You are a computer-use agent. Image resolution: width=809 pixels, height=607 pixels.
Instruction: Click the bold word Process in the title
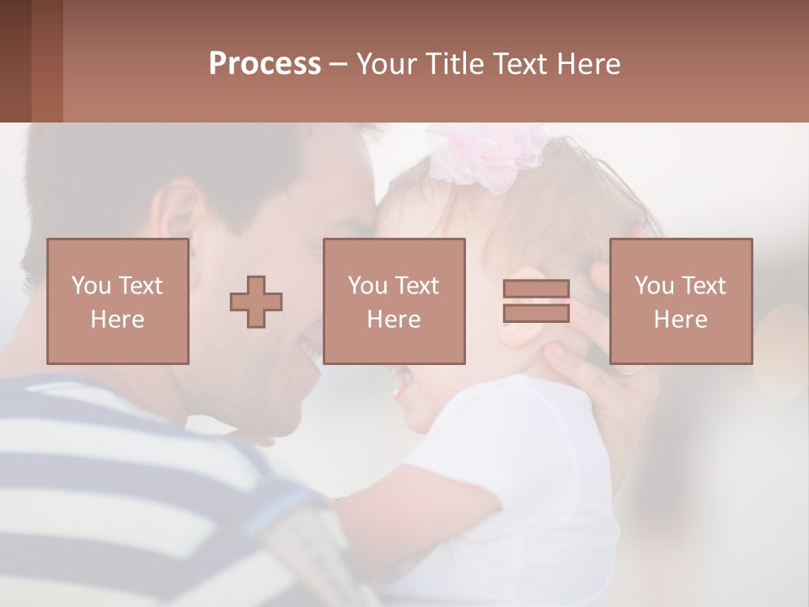click(x=265, y=64)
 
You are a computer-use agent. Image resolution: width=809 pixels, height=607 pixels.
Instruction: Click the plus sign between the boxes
click(x=256, y=302)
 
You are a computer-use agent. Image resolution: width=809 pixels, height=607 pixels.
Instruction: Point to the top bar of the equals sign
click(x=536, y=289)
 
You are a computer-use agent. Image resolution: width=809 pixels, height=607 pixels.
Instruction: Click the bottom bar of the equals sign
click(x=536, y=313)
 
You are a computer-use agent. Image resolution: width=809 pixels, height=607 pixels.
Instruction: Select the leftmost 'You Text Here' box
click(x=117, y=301)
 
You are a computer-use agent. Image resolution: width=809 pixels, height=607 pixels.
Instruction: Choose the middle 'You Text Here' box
click(x=394, y=301)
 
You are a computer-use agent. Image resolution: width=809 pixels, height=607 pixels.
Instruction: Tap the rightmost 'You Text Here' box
click(x=680, y=301)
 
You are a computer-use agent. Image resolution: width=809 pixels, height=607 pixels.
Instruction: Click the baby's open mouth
click(x=403, y=387)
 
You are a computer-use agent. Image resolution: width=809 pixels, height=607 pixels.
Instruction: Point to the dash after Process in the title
click(x=338, y=65)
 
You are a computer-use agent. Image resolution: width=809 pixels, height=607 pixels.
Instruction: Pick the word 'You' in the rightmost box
click(x=654, y=286)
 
